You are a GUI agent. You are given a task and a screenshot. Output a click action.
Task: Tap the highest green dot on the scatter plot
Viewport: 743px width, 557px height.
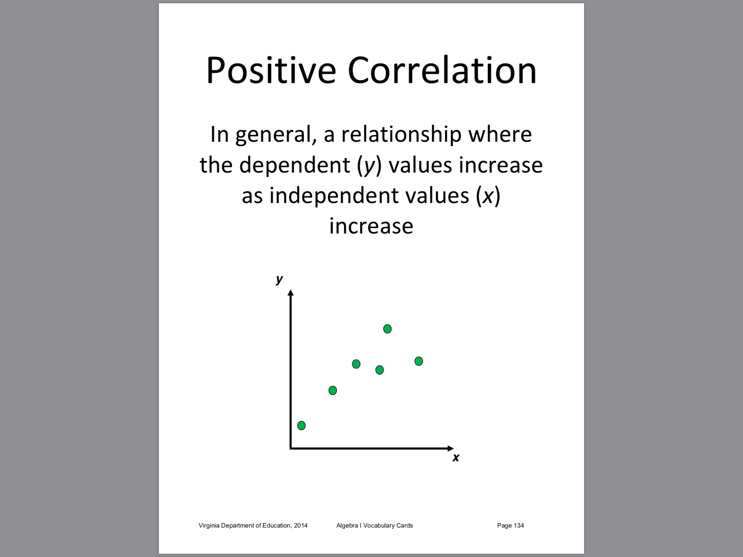tap(387, 329)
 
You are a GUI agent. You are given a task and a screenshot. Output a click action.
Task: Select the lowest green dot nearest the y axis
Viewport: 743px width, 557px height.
tap(301, 425)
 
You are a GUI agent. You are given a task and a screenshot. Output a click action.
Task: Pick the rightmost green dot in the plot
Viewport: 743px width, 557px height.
tap(419, 361)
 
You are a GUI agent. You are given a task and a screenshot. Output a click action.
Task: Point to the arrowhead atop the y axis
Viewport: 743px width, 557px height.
tap(290, 293)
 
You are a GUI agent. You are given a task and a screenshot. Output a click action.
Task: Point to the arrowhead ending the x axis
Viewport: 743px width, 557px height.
tap(451, 449)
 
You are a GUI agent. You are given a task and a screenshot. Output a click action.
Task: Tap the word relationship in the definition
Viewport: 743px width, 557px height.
tap(401, 135)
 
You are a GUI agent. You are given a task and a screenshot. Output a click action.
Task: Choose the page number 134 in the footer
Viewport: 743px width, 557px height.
tap(518, 525)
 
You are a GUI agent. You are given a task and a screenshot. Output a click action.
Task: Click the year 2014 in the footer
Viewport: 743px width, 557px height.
tap(301, 525)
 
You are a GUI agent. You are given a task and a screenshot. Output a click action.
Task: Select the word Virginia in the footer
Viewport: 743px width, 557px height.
tap(209, 525)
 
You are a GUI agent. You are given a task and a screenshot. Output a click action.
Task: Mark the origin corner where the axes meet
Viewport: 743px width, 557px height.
tap(290, 449)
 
